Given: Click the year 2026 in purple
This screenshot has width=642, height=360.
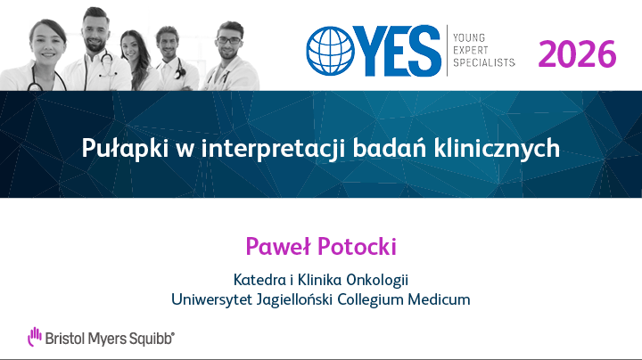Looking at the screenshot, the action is (577, 54).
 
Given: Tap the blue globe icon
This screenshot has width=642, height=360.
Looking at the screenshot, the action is (331, 51).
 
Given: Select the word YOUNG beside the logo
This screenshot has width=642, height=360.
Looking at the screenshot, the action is (469, 38).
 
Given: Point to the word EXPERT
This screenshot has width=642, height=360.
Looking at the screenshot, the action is (471, 50).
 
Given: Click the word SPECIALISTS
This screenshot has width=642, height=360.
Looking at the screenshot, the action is (484, 62).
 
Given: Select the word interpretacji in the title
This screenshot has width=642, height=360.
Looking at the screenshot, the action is (274, 148).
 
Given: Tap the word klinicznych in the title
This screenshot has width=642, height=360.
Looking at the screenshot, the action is (497, 148).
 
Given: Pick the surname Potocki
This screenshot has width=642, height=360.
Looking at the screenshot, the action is (357, 246).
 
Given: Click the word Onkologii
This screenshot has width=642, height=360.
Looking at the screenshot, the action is (377, 280).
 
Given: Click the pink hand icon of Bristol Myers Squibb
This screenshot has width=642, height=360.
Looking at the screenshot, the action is (35, 336).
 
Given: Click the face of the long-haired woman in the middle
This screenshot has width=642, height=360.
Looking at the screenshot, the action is (130, 48).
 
